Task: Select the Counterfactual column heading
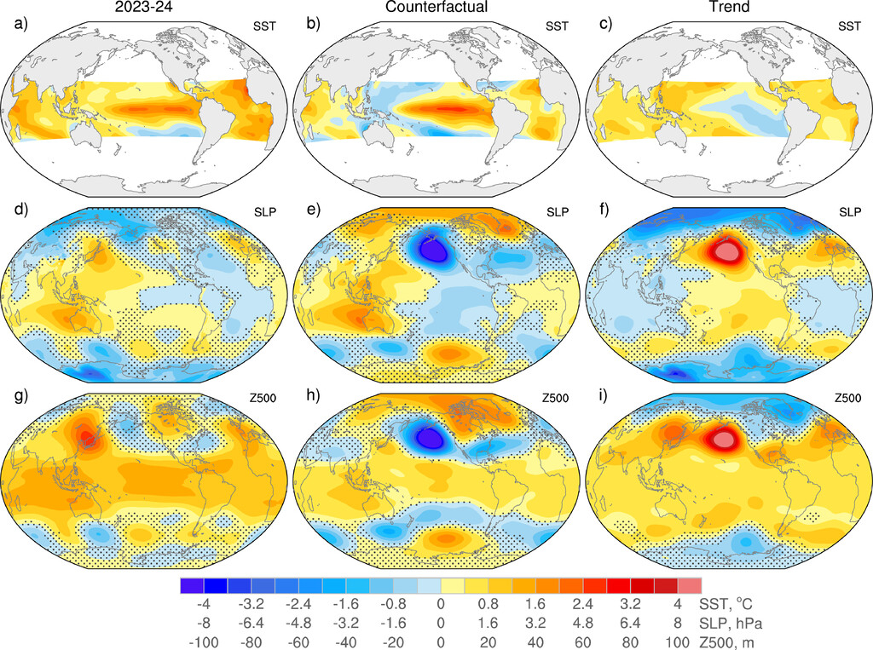[x=436, y=8]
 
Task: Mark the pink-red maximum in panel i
[x=725, y=438]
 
